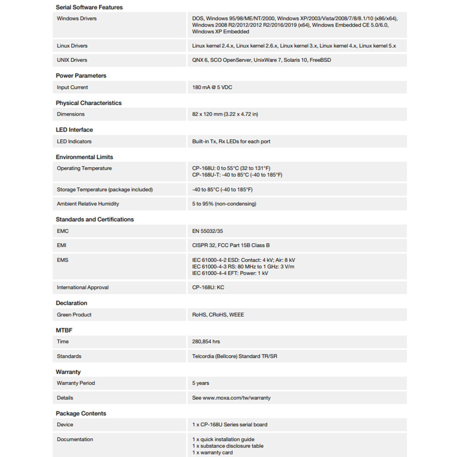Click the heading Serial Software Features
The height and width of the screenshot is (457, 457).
coord(89,7)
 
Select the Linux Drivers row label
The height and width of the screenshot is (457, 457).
coord(72,46)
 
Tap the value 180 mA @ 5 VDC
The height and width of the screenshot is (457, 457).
coord(212,87)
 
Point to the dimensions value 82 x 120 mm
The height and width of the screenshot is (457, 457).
coord(225,114)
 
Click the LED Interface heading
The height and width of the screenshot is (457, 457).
coord(74,130)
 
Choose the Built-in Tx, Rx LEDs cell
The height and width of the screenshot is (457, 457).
coord(231,142)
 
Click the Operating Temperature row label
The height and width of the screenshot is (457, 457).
coord(84,169)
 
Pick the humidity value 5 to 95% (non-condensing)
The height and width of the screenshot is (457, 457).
coord(224,204)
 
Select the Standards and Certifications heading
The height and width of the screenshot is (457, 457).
coord(95,219)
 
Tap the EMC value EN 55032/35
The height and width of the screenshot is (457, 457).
coord(212,231)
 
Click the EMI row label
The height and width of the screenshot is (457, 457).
coord(62,245)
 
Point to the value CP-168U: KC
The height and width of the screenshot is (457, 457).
coord(208,287)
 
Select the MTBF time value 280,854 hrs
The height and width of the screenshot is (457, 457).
coord(206,341)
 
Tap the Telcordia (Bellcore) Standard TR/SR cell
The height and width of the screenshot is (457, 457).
coord(234,356)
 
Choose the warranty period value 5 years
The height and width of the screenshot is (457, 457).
coord(201,383)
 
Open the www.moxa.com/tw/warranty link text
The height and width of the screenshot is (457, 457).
coord(236,398)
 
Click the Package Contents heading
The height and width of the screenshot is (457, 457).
coord(81,414)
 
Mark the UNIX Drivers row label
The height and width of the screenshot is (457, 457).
coord(72,60)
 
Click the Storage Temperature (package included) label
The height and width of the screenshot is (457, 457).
coord(105,190)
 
